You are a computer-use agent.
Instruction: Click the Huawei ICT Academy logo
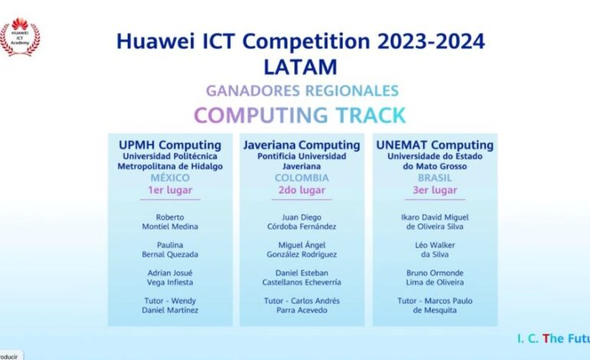20,37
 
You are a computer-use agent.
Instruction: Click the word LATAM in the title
300,67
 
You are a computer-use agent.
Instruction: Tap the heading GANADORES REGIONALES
302,90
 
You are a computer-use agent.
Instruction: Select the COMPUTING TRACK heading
300,115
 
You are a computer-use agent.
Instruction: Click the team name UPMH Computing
170,145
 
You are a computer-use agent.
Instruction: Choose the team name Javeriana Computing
302,145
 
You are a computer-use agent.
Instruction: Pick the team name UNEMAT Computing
435,145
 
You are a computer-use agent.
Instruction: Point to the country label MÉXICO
170,178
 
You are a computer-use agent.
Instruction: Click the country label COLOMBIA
302,178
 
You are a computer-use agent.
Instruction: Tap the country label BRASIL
435,178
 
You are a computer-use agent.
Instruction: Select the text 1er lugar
170,190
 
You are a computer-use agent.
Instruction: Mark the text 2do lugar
302,190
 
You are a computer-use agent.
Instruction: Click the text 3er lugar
435,190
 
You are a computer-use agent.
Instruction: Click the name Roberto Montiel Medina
170,222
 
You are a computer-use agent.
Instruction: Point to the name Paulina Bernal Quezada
170,250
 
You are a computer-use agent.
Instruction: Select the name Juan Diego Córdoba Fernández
302,222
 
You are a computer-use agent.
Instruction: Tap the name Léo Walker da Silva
435,250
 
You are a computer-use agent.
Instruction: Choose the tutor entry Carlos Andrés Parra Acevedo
302,306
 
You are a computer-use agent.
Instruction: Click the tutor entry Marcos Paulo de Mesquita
435,306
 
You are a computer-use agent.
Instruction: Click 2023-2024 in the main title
431,41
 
